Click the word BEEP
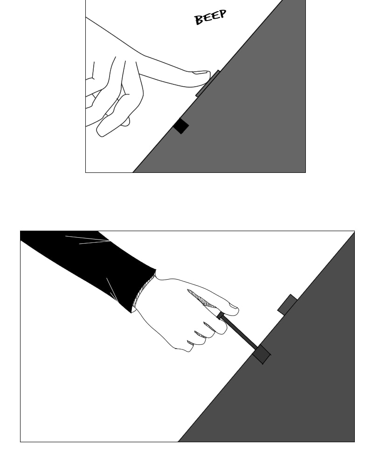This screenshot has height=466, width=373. tap(210, 17)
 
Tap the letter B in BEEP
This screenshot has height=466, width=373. tap(199, 20)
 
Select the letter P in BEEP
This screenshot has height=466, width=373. tap(222, 14)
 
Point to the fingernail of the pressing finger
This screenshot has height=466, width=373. tap(201, 72)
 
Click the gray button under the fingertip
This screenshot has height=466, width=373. tap(207, 83)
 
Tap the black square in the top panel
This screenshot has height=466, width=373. tap(181, 126)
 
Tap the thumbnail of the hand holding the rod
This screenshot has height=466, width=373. tap(234, 306)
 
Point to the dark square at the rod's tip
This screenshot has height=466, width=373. tap(262, 354)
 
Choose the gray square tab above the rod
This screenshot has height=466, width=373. tap(287, 304)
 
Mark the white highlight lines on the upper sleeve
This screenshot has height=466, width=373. tap(88, 240)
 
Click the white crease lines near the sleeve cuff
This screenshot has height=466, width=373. tap(112, 291)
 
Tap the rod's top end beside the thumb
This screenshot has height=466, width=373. tap(220, 315)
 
